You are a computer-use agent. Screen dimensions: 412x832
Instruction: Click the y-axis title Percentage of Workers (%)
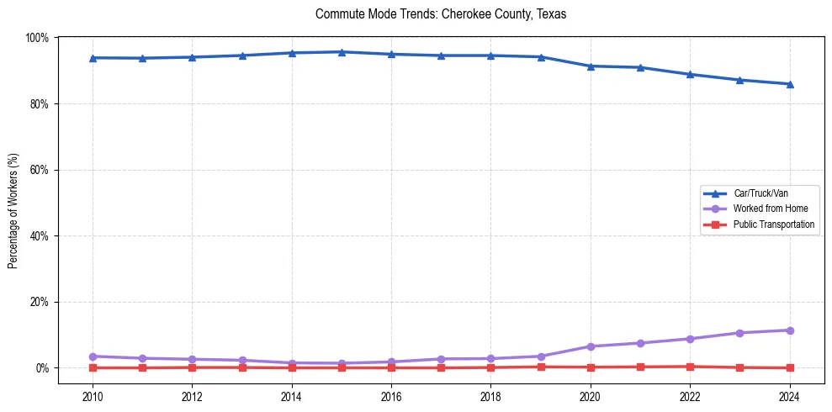point(13,211)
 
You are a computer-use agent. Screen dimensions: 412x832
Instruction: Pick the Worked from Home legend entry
point(770,209)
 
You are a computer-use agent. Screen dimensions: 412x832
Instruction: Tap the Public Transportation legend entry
point(773,224)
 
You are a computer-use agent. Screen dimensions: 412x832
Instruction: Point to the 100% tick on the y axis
point(37,38)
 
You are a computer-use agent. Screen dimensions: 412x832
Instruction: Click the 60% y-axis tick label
point(39,170)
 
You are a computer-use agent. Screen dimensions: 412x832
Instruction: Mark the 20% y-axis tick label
point(39,302)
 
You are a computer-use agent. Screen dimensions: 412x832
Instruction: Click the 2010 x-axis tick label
point(93,397)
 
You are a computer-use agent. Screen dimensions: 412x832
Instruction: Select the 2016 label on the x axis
point(391,397)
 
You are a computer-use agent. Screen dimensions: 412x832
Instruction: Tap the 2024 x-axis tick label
point(789,397)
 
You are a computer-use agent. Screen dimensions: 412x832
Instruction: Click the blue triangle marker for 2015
point(342,52)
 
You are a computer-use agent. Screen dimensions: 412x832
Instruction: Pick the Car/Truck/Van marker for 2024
point(789,84)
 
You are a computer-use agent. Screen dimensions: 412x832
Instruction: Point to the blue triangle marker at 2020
point(591,66)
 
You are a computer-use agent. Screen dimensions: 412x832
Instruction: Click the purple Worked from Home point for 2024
point(789,330)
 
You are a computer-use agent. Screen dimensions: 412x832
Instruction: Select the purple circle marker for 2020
point(591,346)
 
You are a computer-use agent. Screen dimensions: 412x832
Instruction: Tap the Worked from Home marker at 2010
point(93,357)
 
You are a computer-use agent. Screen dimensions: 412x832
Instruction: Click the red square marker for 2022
point(690,367)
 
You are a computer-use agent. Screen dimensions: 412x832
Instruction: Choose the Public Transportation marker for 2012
point(193,367)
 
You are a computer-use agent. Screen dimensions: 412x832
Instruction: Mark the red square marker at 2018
point(490,367)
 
